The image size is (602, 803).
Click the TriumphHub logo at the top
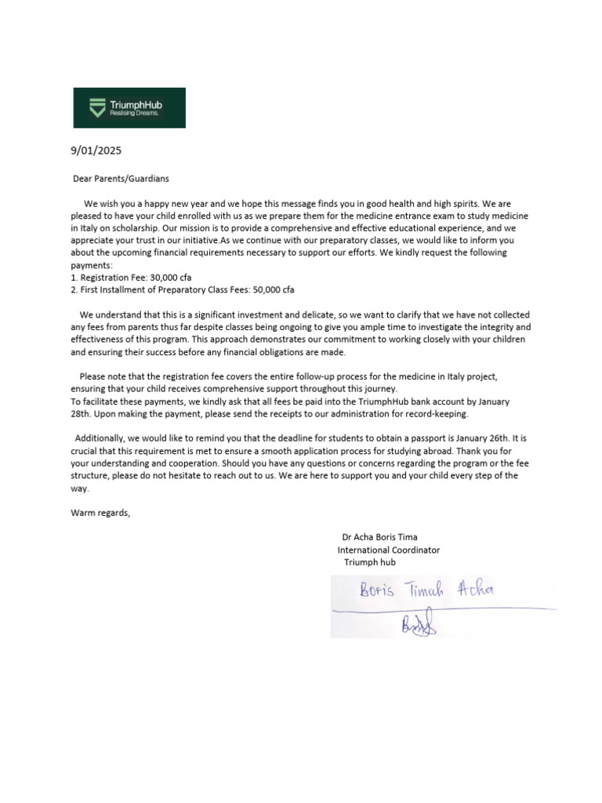129,107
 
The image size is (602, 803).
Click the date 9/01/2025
96,150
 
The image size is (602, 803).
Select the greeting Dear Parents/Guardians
121,178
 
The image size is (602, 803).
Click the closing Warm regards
101,513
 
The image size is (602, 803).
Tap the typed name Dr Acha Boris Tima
380,537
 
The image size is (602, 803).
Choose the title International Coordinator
388,550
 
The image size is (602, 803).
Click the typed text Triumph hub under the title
370,562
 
